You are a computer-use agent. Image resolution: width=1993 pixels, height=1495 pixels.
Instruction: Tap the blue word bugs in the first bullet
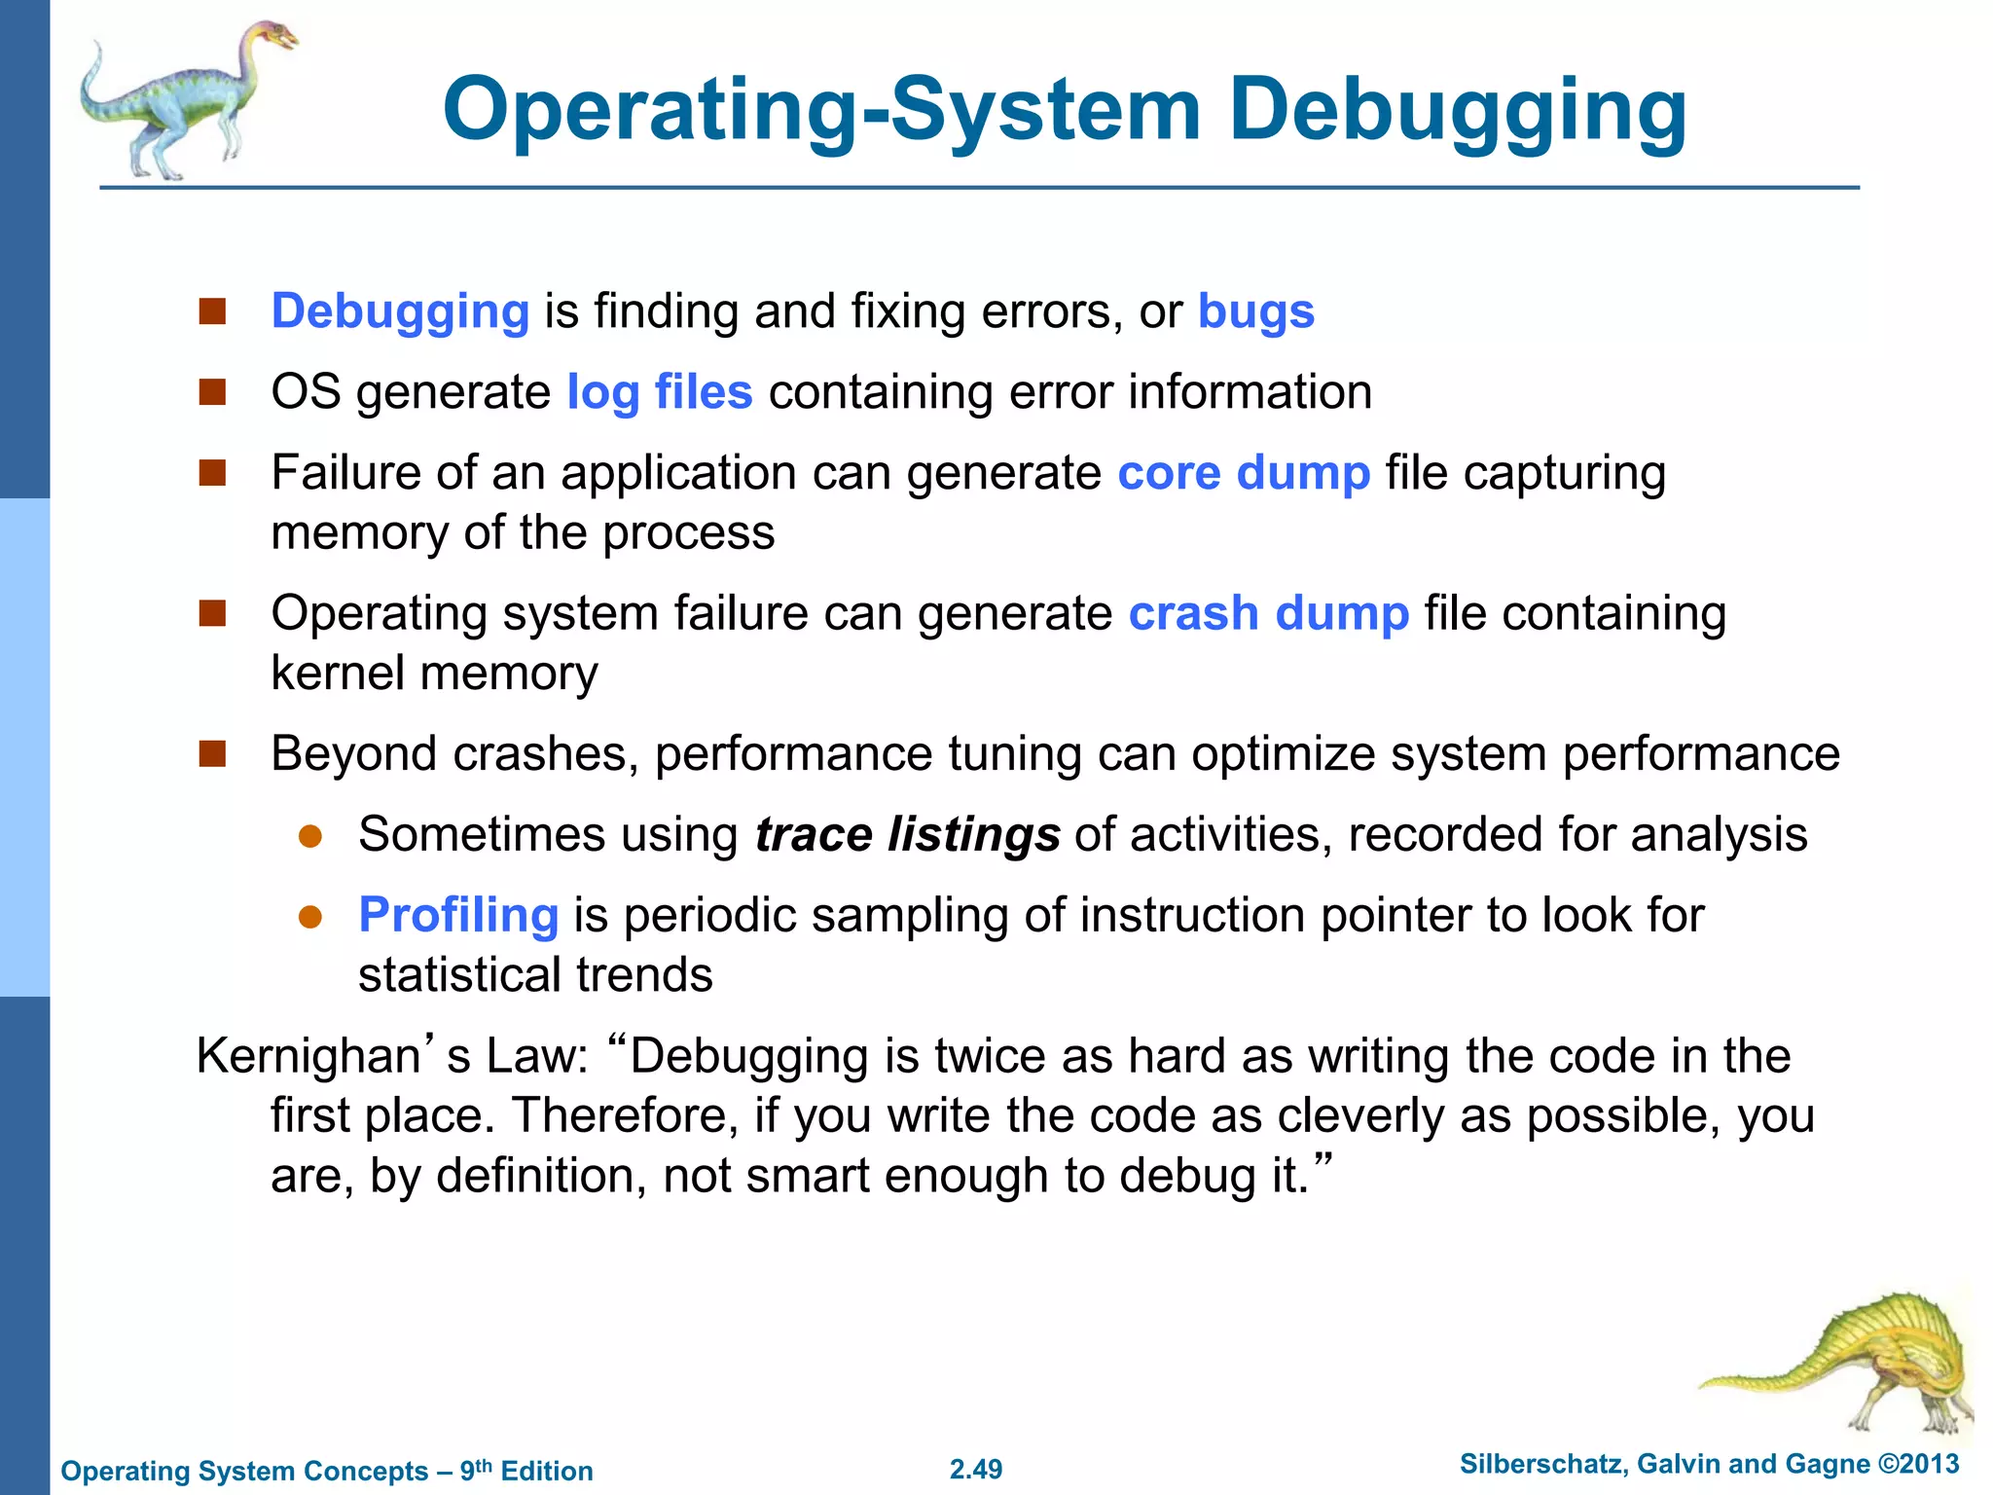point(1255,311)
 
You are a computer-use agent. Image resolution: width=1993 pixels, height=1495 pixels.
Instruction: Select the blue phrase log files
point(660,392)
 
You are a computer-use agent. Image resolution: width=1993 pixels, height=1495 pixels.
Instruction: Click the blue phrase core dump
point(1244,473)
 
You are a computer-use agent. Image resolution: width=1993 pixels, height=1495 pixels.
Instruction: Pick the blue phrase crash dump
point(1268,613)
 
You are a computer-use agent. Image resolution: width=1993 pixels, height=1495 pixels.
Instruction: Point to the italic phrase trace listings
point(907,835)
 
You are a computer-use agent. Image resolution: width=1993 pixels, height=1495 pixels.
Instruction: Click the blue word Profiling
point(458,916)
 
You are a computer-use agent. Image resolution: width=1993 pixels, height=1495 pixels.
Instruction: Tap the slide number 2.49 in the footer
point(976,1469)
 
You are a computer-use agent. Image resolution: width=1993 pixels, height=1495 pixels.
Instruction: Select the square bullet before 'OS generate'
point(212,392)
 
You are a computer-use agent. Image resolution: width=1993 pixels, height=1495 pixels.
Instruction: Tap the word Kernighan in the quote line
point(308,1056)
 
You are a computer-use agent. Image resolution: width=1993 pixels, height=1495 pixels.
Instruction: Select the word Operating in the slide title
point(646,111)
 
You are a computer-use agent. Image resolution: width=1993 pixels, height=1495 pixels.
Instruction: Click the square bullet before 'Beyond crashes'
point(212,754)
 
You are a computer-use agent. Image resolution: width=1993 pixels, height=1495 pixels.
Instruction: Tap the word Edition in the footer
point(546,1471)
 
